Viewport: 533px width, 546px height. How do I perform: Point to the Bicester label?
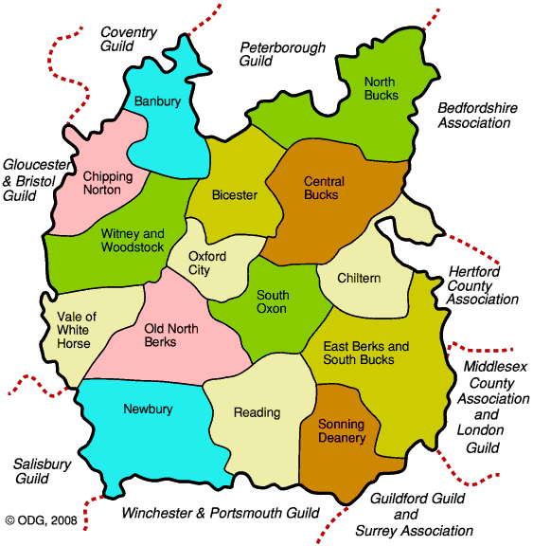pos(235,195)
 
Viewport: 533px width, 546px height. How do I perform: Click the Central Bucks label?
pos(324,189)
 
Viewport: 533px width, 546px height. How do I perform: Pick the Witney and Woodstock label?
pos(133,241)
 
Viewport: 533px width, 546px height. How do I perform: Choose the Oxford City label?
pos(207,263)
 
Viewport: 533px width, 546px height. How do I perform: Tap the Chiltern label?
pos(360,278)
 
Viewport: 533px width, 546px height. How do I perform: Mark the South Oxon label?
pos(273,301)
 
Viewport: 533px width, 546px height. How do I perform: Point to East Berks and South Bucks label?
pos(366,354)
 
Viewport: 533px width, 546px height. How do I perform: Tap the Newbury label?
pos(148,409)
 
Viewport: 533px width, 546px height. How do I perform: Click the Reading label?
pos(257,412)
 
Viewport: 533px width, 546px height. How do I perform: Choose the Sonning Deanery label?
pos(342,430)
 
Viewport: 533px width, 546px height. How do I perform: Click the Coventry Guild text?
pos(129,39)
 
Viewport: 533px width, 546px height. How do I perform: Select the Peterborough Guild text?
pos(282,54)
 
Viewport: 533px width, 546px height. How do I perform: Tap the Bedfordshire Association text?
pos(477,116)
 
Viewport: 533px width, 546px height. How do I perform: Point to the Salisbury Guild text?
pos(43,472)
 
